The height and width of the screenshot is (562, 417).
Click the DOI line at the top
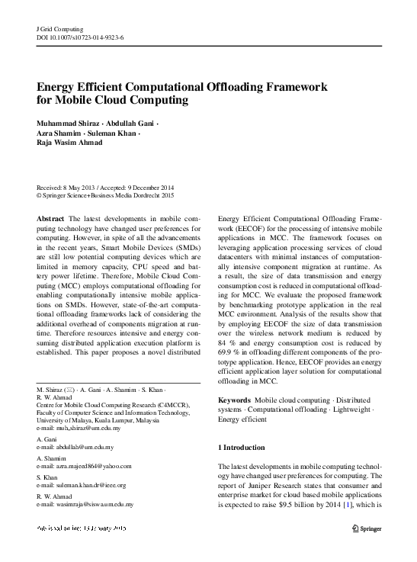click(80, 36)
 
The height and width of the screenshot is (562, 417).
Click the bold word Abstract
click(50, 219)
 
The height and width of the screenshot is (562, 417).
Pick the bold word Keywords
click(234, 400)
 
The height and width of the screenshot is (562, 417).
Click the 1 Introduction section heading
click(242, 447)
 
